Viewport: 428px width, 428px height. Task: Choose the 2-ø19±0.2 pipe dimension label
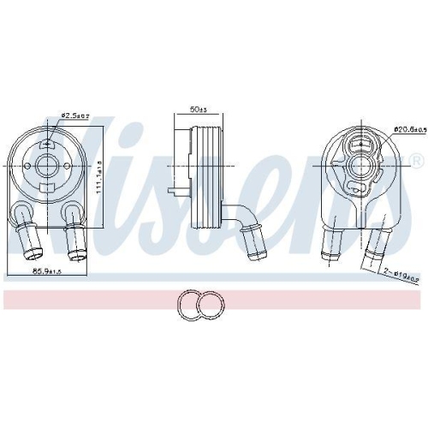click(400, 276)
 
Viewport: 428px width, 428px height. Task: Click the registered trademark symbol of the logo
click(416, 160)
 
